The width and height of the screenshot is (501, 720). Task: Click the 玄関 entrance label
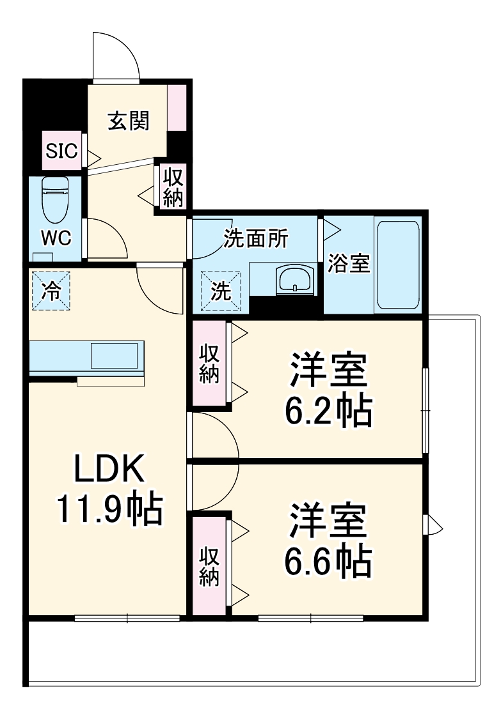[x=128, y=121]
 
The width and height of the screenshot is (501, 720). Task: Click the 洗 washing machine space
[x=221, y=291]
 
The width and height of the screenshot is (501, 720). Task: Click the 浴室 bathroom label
[x=349, y=264]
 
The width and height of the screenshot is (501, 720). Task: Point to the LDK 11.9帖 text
[x=109, y=489]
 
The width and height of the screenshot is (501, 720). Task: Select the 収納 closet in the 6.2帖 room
[x=209, y=364]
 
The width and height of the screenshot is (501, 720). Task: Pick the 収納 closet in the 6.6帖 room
[x=209, y=565]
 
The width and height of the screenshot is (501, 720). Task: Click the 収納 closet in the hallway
[x=172, y=186]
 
